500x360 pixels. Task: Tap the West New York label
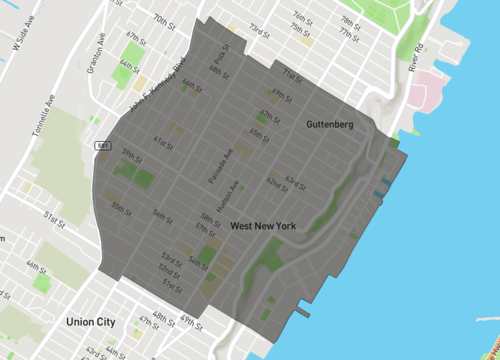(263, 226)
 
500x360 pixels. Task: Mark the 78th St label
(348, 21)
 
